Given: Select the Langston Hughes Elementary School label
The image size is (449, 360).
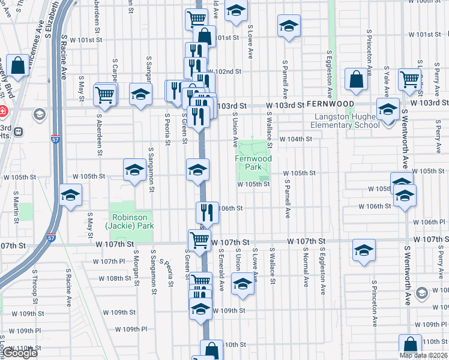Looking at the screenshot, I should click(x=345, y=121).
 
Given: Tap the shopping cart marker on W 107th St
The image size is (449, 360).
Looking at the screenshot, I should click(x=199, y=240).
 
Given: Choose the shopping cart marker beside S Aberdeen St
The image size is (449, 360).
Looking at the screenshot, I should click(x=105, y=94).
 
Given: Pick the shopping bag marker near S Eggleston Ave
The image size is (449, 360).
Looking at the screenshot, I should click(x=357, y=79).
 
